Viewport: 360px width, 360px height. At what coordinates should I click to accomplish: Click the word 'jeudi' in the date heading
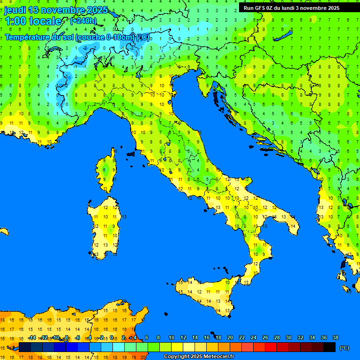[x=15, y=10]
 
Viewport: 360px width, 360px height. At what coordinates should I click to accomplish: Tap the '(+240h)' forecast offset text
[x=83, y=21]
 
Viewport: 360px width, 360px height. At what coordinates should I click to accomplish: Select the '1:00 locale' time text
[x=33, y=21]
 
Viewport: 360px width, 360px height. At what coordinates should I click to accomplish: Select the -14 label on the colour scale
[x=32, y=337]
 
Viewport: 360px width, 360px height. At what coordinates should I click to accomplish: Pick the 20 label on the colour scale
[x=230, y=337]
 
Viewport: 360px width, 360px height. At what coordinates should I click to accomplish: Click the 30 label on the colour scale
[x=288, y=337]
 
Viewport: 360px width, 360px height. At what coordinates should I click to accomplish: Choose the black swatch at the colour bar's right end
[x=330, y=347]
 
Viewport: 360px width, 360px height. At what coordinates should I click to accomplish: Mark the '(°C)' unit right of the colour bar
[x=345, y=347]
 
